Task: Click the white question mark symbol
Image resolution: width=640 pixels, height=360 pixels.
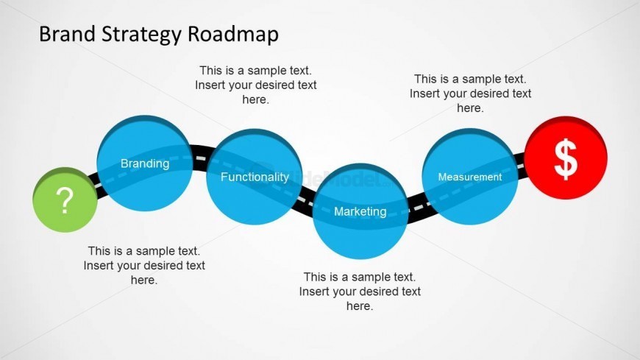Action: click(x=65, y=200)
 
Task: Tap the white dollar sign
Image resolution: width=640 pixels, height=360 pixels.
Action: click(x=565, y=160)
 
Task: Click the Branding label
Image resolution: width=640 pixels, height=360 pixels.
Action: click(x=144, y=163)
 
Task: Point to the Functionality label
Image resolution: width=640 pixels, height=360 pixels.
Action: click(x=255, y=177)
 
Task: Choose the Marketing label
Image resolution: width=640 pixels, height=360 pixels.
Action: click(x=360, y=211)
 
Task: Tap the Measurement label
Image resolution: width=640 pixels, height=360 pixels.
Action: click(x=469, y=177)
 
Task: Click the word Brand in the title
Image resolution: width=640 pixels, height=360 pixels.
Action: click(x=65, y=34)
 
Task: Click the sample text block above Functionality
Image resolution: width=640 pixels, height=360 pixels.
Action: click(x=255, y=85)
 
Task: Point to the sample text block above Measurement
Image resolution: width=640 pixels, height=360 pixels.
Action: click(x=470, y=93)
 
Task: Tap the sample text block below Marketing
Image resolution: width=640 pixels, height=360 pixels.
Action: click(x=360, y=291)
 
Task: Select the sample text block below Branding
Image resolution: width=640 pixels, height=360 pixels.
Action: click(x=144, y=265)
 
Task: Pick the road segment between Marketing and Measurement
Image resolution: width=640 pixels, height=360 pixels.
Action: click(x=415, y=205)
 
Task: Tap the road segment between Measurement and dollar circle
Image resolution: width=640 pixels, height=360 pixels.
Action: click(x=521, y=163)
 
